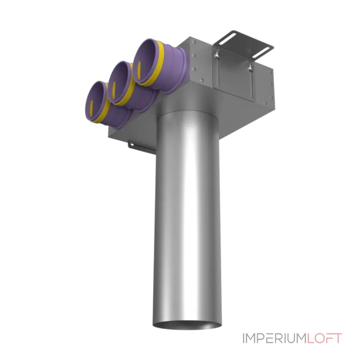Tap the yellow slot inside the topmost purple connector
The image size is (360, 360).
pos(139,70)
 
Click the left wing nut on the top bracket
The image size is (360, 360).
pos(216,54)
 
